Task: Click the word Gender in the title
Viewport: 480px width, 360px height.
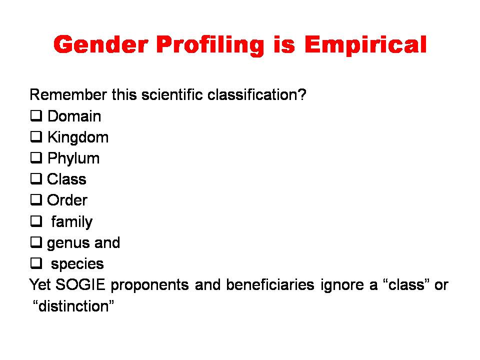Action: coord(101,44)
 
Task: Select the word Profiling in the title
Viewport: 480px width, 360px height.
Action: coord(210,46)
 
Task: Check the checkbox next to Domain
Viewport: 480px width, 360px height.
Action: coord(36,115)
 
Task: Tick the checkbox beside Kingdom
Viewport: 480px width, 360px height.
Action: coord(36,137)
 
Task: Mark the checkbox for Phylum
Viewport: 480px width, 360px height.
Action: coord(36,157)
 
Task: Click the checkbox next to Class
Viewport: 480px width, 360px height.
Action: coord(36,179)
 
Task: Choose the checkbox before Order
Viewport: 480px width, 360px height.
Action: coord(36,199)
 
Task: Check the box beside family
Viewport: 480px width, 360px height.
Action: coord(36,221)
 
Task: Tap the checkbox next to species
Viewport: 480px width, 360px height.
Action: coord(36,263)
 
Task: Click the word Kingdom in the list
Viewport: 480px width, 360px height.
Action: coord(78,137)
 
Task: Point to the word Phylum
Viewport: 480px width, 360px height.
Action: coord(73,158)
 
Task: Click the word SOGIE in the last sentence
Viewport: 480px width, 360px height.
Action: coord(80,284)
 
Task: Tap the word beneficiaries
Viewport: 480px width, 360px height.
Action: coord(270,284)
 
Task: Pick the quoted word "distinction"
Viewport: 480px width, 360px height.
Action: coord(73,306)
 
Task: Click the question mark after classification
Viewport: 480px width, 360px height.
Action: coord(302,94)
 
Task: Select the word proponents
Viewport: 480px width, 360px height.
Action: coord(149,285)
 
